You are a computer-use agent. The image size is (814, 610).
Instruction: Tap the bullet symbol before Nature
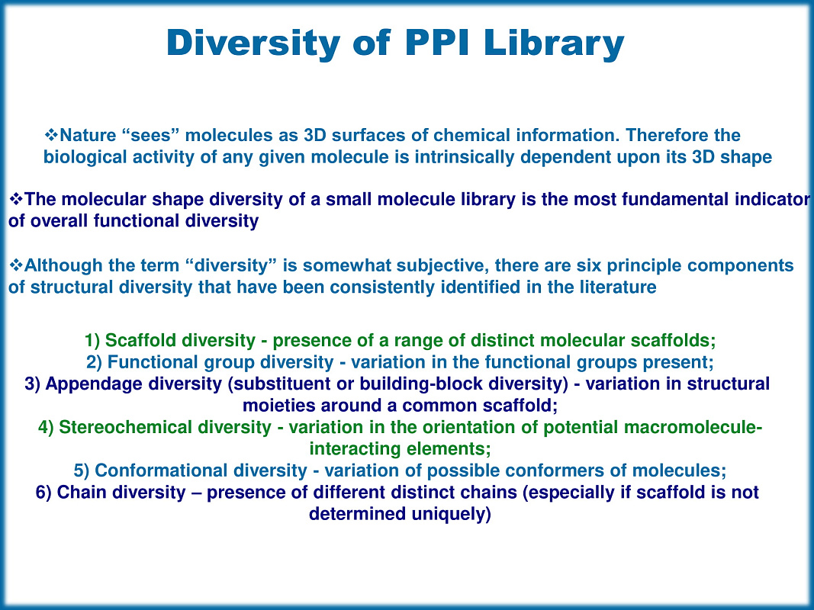52,136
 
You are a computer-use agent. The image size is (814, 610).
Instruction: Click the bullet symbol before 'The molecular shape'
14,200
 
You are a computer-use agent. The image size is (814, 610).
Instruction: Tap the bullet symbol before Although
14,265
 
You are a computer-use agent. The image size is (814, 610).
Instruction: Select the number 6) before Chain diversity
43,492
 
